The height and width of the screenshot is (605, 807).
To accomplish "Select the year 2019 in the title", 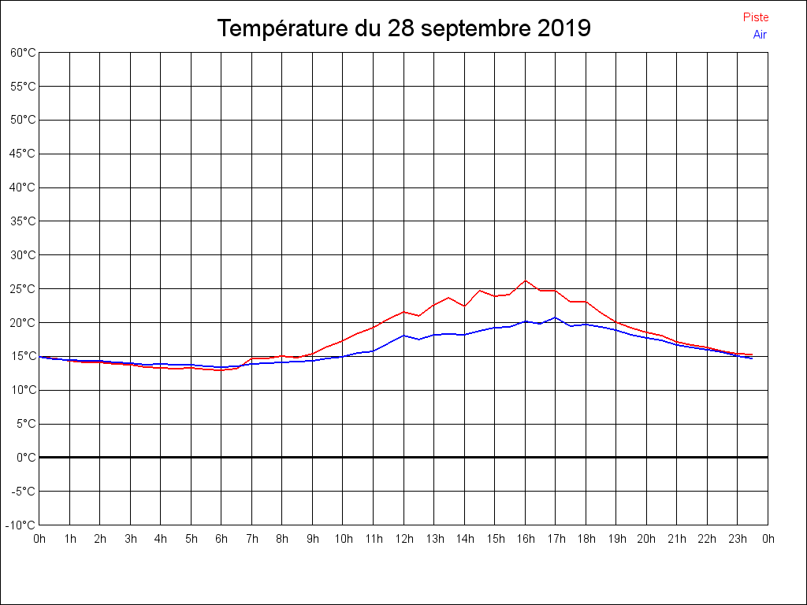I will click(564, 29).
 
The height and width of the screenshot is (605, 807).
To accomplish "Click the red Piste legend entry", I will click(756, 17).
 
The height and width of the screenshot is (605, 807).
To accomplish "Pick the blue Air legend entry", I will click(760, 35).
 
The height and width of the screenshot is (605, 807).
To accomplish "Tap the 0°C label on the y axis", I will click(27, 457).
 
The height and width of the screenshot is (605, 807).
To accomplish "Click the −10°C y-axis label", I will click(22, 525).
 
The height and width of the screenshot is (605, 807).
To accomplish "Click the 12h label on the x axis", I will click(403, 539).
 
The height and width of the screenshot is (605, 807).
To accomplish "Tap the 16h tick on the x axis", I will click(525, 539).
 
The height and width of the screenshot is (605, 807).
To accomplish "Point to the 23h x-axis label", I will click(738, 539).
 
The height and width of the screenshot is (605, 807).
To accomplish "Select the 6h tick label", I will click(221, 539).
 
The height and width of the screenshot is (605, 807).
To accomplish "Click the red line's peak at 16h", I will click(526, 280).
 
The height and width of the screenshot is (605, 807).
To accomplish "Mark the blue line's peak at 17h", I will click(556, 317).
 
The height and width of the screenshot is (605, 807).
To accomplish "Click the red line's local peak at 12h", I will click(403, 312).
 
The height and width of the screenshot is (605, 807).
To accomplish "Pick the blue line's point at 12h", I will click(403, 336).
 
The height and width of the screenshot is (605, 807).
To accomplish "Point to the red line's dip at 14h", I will click(465, 306).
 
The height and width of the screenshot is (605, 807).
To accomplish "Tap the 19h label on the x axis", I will click(616, 539).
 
